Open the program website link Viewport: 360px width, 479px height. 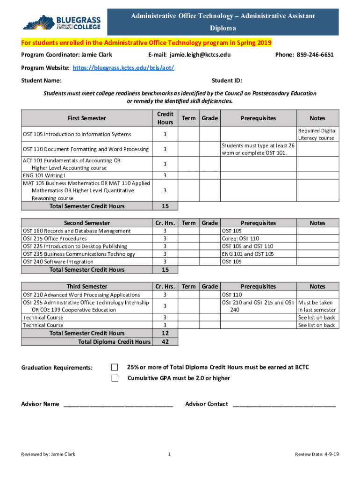click(123, 68)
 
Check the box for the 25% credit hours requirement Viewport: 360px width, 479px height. click(115, 367)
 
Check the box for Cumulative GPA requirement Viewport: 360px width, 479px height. click(115, 378)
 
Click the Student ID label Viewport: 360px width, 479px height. click(227, 80)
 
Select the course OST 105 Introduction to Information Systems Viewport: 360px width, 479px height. click(77, 134)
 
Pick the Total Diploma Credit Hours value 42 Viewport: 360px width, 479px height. click(165, 342)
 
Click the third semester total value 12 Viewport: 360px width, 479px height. click(165, 333)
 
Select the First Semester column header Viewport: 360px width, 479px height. click(87, 118)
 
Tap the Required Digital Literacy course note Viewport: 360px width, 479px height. click(317, 134)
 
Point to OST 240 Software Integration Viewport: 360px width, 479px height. click(58, 261)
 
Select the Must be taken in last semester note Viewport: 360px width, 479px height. click(317, 306)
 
